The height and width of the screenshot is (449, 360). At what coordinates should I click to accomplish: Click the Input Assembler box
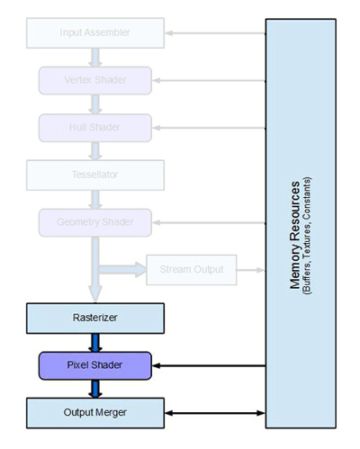click(x=94, y=33)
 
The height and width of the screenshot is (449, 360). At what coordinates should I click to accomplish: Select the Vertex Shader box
click(x=94, y=80)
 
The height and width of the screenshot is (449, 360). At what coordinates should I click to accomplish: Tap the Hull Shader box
click(x=94, y=126)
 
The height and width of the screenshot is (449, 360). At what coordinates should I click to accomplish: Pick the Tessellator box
click(x=94, y=173)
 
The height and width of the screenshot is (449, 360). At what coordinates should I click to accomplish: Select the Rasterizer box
click(x=94, y=317)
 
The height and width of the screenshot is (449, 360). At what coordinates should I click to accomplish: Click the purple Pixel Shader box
click(x=94, y=365)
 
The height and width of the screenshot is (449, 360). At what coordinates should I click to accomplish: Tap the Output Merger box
click(x=94, y=412)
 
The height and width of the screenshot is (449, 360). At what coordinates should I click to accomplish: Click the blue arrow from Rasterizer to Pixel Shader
click(x=94, y=341)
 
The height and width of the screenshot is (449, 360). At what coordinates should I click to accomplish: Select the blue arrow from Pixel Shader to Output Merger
click(x=94, y=389)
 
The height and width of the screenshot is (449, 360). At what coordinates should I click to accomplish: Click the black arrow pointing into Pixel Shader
click(x=208, y=366)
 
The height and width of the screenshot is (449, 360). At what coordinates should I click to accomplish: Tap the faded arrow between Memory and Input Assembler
click(x=215, y=34)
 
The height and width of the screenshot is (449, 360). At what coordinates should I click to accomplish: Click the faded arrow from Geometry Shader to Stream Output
click(x=121, y=268)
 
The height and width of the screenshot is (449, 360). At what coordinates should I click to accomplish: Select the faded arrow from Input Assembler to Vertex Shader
click(x=94, y=57)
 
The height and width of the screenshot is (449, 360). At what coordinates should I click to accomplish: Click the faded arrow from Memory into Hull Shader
click(x=208, y=127)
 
